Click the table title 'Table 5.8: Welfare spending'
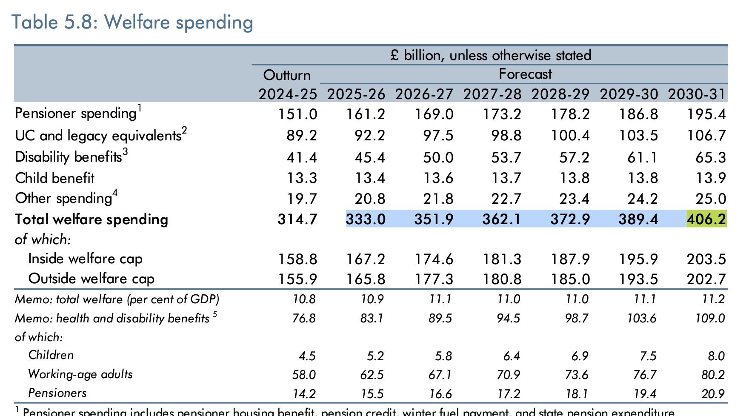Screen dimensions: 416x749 coord(132,22)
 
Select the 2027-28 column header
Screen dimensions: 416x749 coord(492,94)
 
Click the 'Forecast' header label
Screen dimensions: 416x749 coord(525,74)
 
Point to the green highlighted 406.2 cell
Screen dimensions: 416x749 coord(706,219)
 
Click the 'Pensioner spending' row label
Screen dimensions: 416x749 coord(75,114)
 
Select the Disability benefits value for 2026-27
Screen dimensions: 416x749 coord(438,157)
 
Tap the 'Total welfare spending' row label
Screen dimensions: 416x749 coord(91,219)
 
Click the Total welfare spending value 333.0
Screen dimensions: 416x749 coord(366,219)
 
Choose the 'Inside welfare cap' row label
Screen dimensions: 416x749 coord(85,259)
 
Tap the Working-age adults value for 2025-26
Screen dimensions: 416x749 coord(372,375)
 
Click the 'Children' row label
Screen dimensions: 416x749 coord(51,355)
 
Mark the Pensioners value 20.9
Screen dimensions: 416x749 coord(713,394)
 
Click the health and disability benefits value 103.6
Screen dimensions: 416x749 coord(641,319)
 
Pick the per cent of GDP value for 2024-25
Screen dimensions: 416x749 coord(304,299)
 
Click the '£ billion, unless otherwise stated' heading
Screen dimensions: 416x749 coord(490,55)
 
